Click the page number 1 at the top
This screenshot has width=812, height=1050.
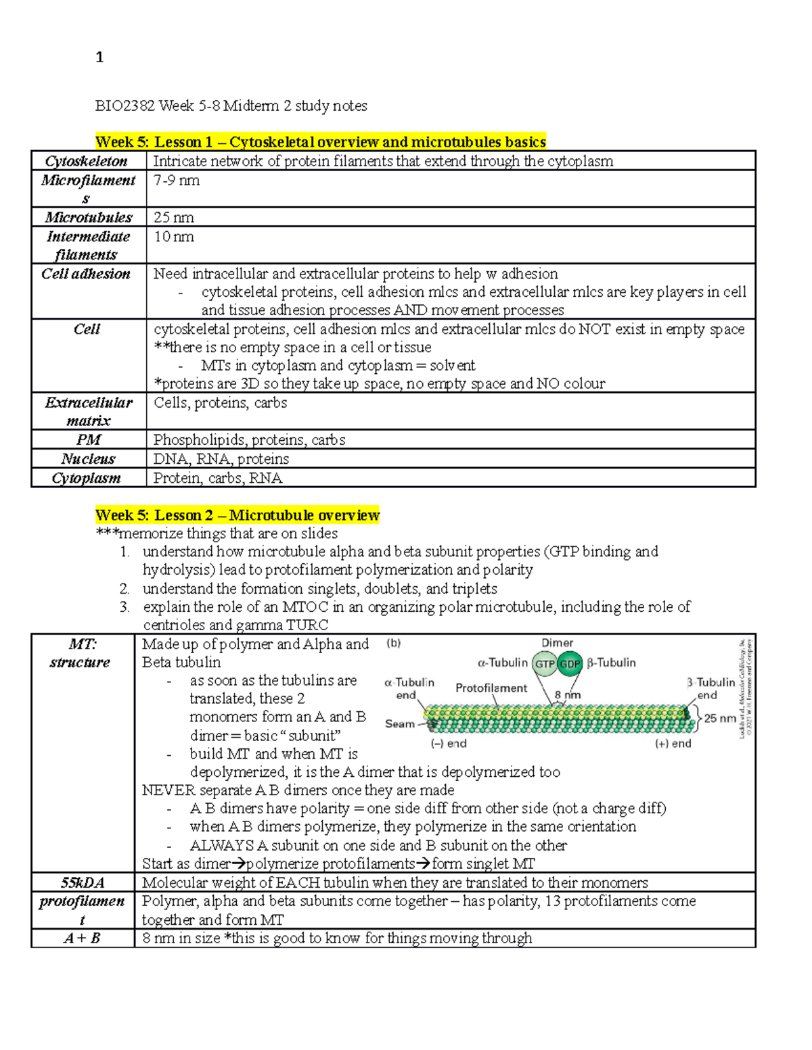tap(99, 57)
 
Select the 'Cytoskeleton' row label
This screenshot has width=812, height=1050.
tap(87, 161)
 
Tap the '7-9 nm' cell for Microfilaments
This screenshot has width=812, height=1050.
tap(177, 181)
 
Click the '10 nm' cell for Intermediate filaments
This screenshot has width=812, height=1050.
tap(174, 237)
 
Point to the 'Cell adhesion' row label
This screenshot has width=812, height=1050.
tap(86, 274)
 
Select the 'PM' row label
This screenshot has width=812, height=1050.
tap(88, 439)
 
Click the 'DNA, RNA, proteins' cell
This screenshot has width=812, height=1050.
tap(221, 459)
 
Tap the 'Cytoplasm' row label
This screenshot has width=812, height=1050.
tap(87, 478)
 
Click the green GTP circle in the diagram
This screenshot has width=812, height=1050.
tap(545, 664)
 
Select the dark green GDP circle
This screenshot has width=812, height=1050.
tap(570, 664)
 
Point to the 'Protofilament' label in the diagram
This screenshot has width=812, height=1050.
tap(491, 688)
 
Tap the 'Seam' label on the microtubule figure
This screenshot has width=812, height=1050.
tap(399, 723)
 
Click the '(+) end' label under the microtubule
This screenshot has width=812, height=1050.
tap(673, 744)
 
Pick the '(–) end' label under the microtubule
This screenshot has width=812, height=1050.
tap(449, 744)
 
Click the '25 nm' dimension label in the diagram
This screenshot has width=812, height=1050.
tap(720, 718)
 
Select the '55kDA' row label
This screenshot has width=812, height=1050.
tap(83, 882)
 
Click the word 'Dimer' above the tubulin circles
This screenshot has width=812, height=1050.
tap(557, 643)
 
